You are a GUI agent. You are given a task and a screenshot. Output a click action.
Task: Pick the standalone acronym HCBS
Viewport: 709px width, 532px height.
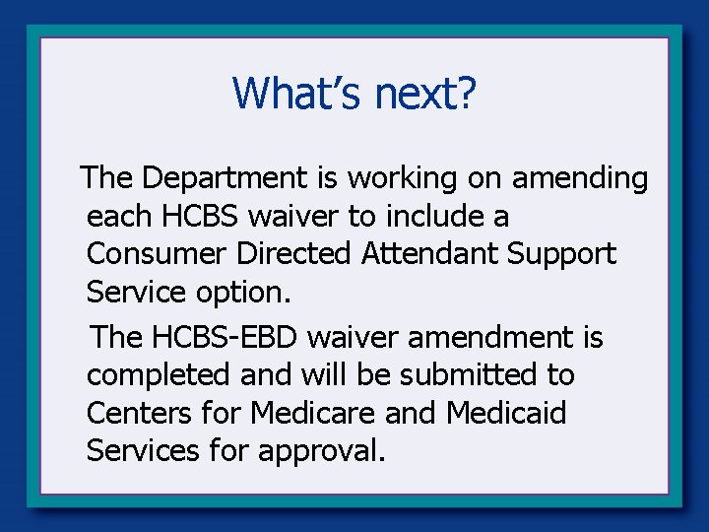point(200,216)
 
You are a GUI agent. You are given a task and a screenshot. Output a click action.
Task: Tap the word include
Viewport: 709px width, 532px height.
point(451,216)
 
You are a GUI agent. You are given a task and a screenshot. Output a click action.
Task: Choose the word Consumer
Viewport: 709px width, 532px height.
point(158,253)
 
